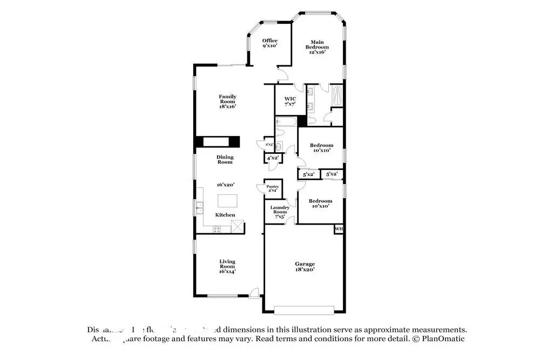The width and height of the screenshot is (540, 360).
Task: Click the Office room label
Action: pyautogui.click(x=270, y=43)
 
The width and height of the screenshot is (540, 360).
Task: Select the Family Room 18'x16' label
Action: pyautogui.click(x=227, y=101)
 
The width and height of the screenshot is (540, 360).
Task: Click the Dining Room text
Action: pyautogui.click(x=225, y=160)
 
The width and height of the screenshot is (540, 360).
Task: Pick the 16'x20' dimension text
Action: pyautogui.click(x=225, y=185)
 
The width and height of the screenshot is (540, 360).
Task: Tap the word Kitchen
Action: pyautogui.click(x=225, y=215)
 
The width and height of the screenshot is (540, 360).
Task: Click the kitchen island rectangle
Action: pyautogui.click(x=227, y=201)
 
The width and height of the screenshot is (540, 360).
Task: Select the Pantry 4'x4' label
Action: pyautogui.click(x=273, y=188)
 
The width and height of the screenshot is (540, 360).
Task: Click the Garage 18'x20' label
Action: pyautogui.click(x=305, y=266)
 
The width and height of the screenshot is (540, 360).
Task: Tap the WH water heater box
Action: pyautogui.click(x=339, y=229)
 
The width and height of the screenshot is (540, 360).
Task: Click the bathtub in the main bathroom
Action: pyautogui.click(x=337, y=97)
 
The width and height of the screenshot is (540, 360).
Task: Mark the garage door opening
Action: pyautogui.click(x=305, y=309)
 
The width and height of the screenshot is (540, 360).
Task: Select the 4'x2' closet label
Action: pyautogui.click(x=271, y=158)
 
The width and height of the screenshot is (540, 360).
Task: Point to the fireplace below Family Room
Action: pyautogui.click(x=217, y=141)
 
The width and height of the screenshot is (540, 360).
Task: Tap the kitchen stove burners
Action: pyautogui.click(x=217, y=229)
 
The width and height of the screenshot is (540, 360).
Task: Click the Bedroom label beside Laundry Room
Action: pyautogui.click(x=320, y=203)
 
